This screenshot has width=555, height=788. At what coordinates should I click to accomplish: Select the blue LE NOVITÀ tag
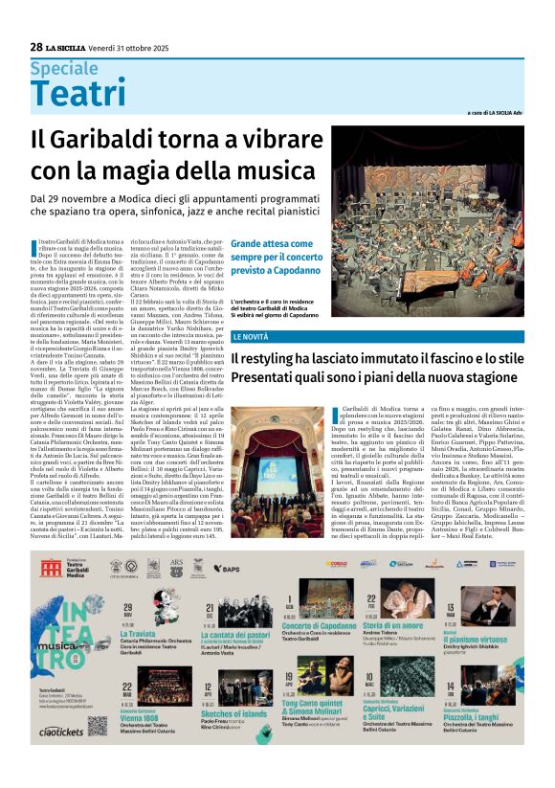tap(250, 337)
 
